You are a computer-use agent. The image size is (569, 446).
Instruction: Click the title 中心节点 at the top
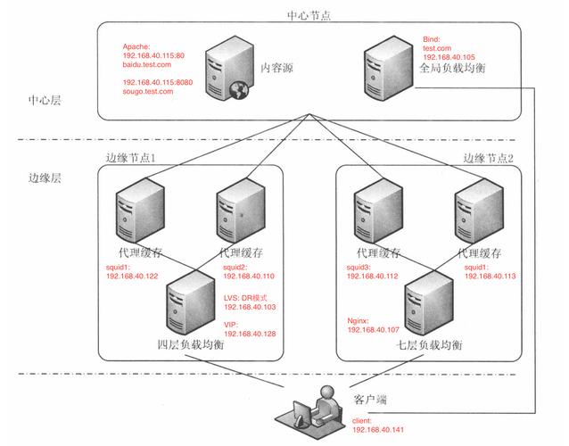coord(309,16)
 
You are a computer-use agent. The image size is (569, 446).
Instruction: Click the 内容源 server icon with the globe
coord(226,72)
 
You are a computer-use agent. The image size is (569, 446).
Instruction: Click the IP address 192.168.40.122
coord(132,276)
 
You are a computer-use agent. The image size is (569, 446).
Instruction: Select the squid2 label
coord(235,267)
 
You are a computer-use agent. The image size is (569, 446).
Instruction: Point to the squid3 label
coord(360,267)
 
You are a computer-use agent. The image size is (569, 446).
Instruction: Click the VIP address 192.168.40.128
coord(250,333)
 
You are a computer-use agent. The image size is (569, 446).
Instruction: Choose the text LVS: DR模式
coord(245,297)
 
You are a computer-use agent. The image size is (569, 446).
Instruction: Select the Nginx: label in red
coord(361,319)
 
